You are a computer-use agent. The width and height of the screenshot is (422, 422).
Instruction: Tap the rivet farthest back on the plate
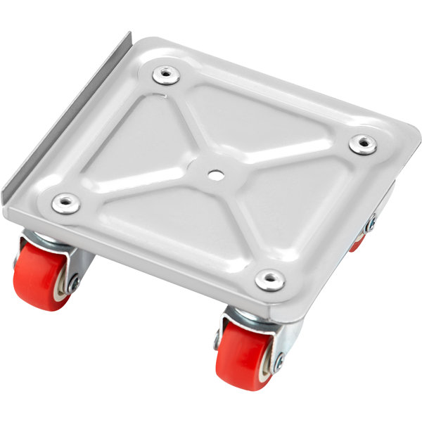tap(167, 74)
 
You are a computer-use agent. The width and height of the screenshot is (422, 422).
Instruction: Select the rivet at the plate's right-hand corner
tap(363, 144)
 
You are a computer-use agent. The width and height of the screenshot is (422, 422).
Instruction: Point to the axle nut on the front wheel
tap(279, 364)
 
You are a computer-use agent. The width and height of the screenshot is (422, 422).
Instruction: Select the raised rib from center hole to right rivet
tap(288, 158)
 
